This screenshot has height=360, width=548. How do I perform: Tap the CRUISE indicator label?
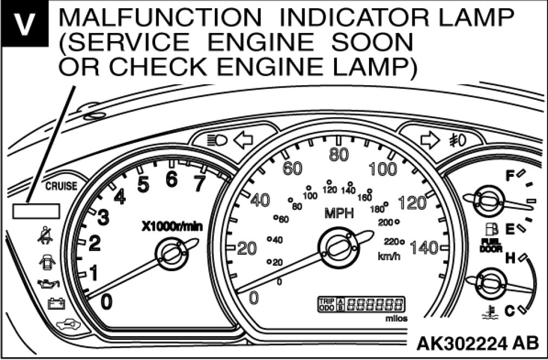(60, 186)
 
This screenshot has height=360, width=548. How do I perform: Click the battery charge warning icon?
(55, 304)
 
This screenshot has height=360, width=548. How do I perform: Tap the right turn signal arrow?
(430, 140)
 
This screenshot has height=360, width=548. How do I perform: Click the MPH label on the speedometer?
(339, 213)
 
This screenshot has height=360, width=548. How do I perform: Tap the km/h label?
(388, 255)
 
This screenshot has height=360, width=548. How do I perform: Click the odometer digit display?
(375, 304)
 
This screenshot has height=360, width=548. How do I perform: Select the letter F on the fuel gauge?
(509, 176)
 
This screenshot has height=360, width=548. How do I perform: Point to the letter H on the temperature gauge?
(509, 259)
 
